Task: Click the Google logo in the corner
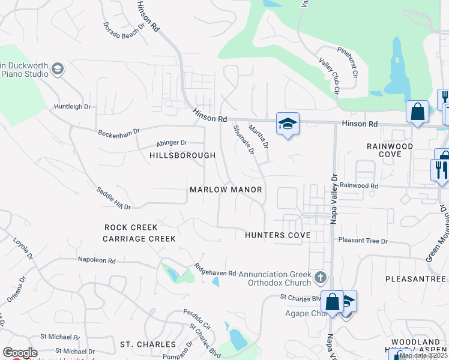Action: point(20,353)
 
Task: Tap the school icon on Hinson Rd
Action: point(288,124)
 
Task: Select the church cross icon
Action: point(321,277)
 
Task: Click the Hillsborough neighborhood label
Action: point(182,155)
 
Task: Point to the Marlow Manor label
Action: point(226,190)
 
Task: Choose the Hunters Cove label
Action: point(277,235)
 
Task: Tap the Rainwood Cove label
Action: point(390,150)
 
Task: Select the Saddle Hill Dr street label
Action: point(113,198)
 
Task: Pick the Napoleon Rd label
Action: point(96,260)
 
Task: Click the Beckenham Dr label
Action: point(119,131)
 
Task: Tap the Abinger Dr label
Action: point(172,143)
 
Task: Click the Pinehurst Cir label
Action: point(347,61)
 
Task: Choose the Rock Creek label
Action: point(131,227)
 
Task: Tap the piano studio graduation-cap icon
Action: point(58,69)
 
